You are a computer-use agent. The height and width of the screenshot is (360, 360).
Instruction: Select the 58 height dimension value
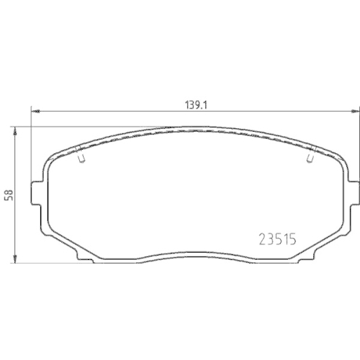(9, 195)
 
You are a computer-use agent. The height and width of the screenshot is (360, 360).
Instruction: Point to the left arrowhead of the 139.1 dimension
(33, 111)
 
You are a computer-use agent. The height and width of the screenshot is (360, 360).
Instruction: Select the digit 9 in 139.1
(198, 104)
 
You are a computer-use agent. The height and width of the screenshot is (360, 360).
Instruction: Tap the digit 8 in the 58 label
(9, 192)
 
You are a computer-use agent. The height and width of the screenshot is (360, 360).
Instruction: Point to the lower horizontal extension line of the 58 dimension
(43, 263)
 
